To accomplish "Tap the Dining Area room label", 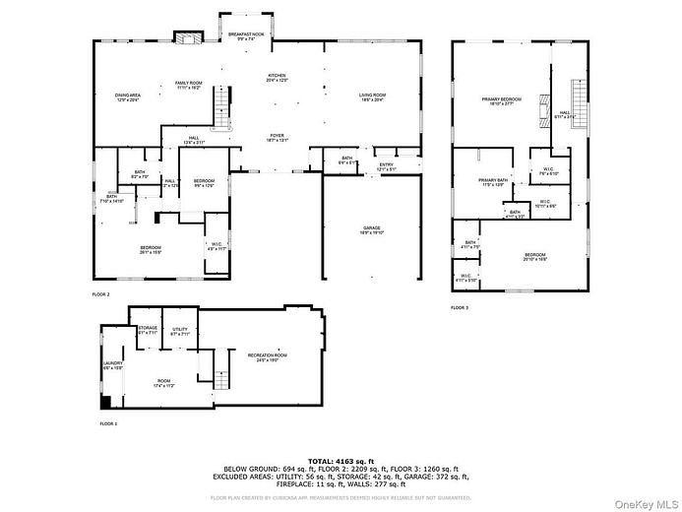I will click(128, 97).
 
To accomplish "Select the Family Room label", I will click(190, 85).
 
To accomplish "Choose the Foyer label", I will click(279, 138).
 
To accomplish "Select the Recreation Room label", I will click(267, 357).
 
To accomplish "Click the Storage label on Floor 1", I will click(148, 330).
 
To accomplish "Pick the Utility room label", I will click(179, 332).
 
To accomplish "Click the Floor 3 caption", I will click(461, 308).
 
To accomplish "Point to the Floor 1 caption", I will click(108, 423).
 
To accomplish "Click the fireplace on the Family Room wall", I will click(187, 37).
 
